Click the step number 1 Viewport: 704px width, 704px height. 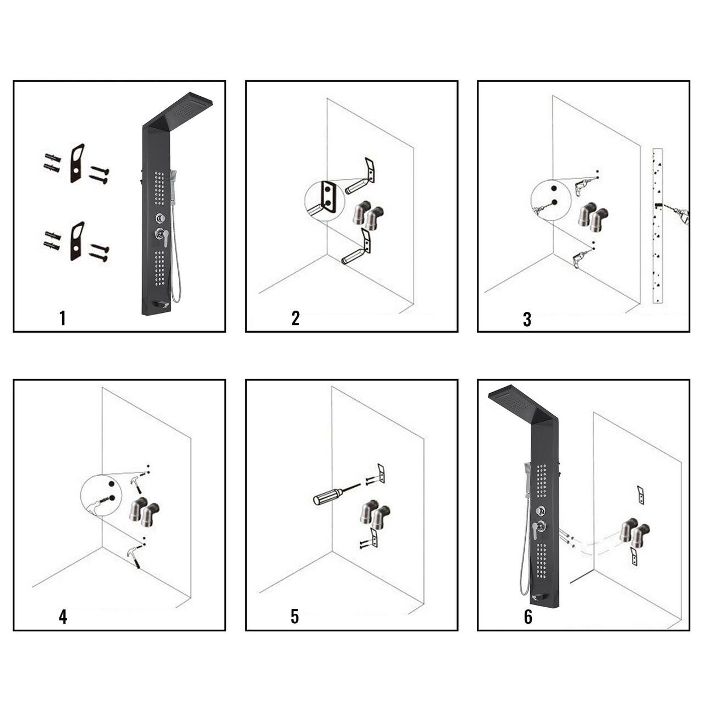coord(63,318)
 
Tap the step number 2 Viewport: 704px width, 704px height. coord(295,318)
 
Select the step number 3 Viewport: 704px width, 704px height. coord(527,320)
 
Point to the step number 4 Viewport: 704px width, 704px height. coord(63,617)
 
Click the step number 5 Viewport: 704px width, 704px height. coord(295,617)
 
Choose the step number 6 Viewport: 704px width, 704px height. coord(528,617)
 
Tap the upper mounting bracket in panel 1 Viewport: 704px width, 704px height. coord(77,163)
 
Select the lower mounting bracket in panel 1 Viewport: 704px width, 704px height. coord(77,241)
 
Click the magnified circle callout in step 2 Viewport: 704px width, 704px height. coord(324,202)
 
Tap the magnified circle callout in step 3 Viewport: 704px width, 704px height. coord(551,200)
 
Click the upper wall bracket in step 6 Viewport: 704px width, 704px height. coord(641,495)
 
